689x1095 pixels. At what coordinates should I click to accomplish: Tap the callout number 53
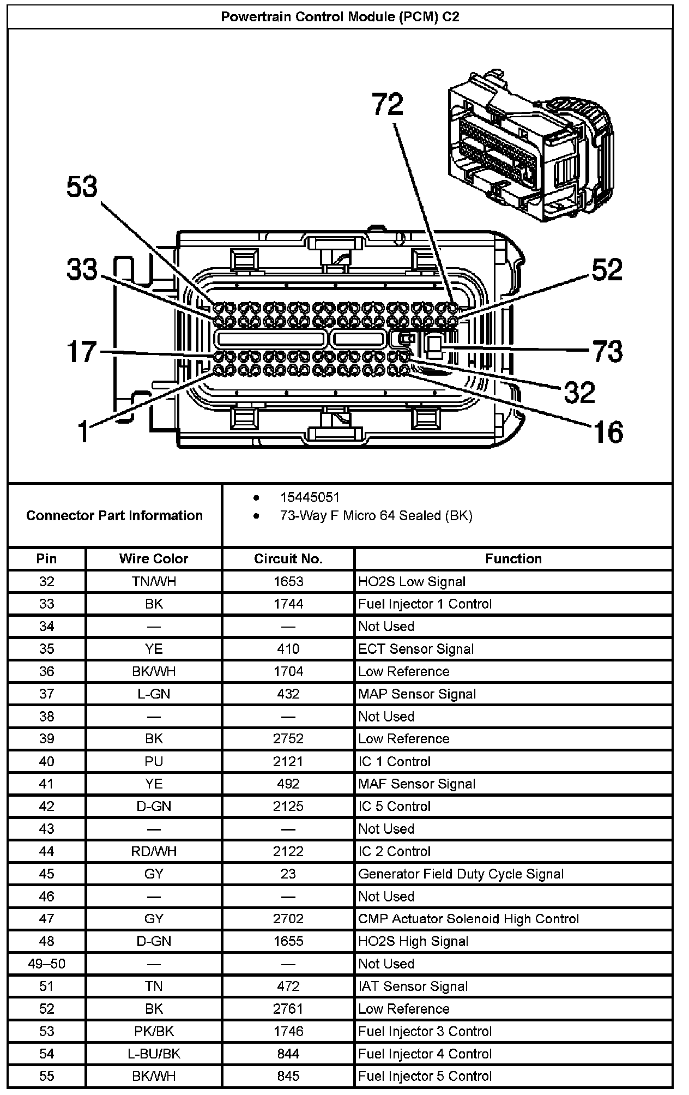pos(82,187)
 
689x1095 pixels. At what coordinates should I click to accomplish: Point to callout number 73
pos(607,352)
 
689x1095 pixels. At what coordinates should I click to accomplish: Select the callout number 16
pos(607,432)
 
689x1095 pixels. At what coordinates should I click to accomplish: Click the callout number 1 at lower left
pos(83,432)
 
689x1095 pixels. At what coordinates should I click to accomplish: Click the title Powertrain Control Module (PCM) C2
pos(340,17)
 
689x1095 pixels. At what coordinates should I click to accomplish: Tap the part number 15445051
pos(310,497)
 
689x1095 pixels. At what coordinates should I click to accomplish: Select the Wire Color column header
pos(154,559)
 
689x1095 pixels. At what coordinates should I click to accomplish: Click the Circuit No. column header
pos(288,559)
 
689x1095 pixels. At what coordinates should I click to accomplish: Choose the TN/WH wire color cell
pos(154,582)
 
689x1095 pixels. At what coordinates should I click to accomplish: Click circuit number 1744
pos(288,604)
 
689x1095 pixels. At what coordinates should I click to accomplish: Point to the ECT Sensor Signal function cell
pos(416,649)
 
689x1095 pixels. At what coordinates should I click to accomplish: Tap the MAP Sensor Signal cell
pos(417,694)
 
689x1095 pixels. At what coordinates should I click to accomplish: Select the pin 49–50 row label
pos(47,964)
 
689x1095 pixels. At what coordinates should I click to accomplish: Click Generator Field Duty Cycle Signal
pos(461,874)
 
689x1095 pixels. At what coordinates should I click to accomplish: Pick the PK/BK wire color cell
pos(154,1031)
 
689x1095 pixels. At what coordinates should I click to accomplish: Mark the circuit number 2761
pos(288,1009)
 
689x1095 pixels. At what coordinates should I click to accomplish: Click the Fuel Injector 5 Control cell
pos(425,1076)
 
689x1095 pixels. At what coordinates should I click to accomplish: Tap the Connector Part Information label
pos(114,515)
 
